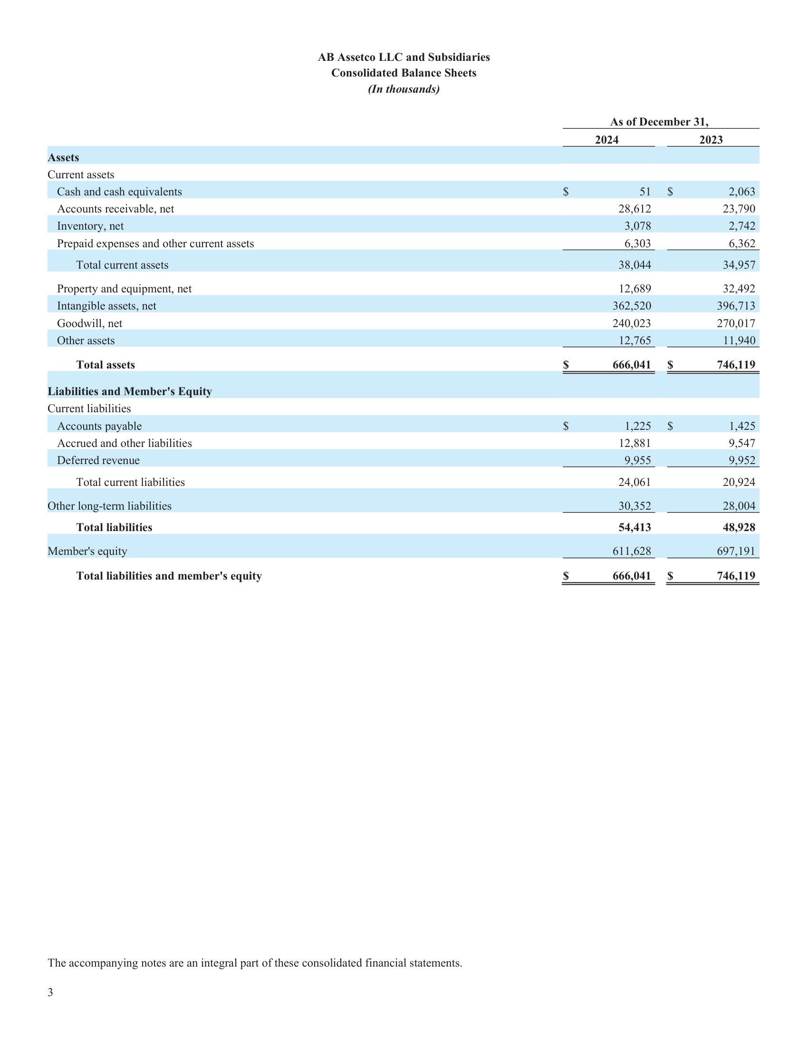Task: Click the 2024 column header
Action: pyautogui.click(x=606, y=140)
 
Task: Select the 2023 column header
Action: pyautogui.click(x=711, y=140)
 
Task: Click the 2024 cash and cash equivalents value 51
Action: pyautogui.click(x=645, y=192)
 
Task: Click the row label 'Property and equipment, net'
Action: pyautogui.click(x=124, y=289)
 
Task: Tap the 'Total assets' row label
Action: pyautogui.click(x=106, y=365)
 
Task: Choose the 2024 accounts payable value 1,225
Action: pyautogui.click(x=637, y=426)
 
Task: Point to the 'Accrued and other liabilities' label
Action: pyautogui.click(x=124, y=444)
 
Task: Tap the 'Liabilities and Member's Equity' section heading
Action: pyautogui.click(x=129, y=391)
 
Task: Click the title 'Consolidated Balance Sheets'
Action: pyautogui.click(x=404, y=73)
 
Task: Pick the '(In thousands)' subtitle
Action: pyautogui.click(x=404, y=89)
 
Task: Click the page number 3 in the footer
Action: pyautogui.click(x=50, y=992)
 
